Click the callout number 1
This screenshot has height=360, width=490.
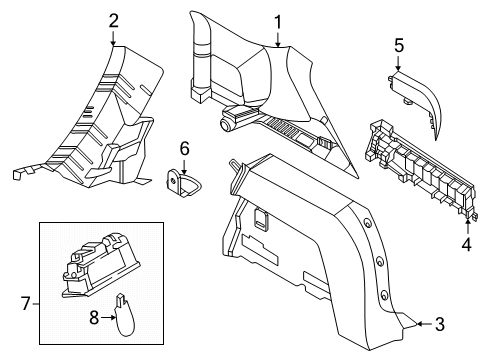tap(278, 22)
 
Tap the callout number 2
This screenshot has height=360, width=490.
tap(113, 21)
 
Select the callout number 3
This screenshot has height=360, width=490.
tap(440, 324)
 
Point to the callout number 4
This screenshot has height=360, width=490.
tap(467, 245)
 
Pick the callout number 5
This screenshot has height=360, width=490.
tap(399, 45)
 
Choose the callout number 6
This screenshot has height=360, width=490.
tap(185, 148)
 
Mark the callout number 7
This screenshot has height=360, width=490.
tap(26, 303)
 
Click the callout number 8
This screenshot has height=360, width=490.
tap(94, 317)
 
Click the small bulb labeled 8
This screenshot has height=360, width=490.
tap(124, 315)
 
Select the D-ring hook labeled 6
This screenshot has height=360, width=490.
tap(184, 185)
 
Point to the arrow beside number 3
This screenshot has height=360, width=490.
tap(425, 324)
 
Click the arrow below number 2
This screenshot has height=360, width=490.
tap(113, 38)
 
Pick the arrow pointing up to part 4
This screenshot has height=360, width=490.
tap(467, 227)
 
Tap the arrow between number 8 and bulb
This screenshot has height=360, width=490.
tap(108, 318)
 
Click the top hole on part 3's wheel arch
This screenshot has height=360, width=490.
tap(367, 223)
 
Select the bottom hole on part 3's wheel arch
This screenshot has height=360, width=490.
tap(384, 295)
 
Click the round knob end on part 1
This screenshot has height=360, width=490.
tap(226, 125)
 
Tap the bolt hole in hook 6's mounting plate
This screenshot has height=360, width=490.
tap(173, 181)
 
